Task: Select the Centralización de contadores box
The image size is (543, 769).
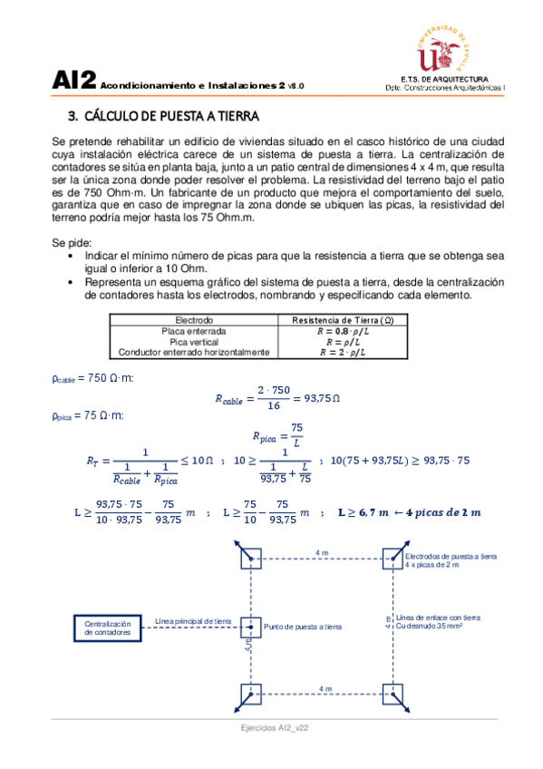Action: pyautogui.click(x=108, y=628)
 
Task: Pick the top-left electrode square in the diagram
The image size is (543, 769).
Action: pyautogui.click(x=250, y=557)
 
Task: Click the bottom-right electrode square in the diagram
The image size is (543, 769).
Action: pyautogui.click(x=392, y=696)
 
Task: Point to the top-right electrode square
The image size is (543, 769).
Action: pyautogui.click(x=392, y=557)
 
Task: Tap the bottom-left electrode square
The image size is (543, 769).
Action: pyautogui.click(x=250, y=696)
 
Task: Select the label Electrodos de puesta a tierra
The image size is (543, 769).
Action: pyautogui.click(x=450, y=557)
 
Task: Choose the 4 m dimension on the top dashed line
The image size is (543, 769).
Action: pyautogui.click(x=322, y=551)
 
